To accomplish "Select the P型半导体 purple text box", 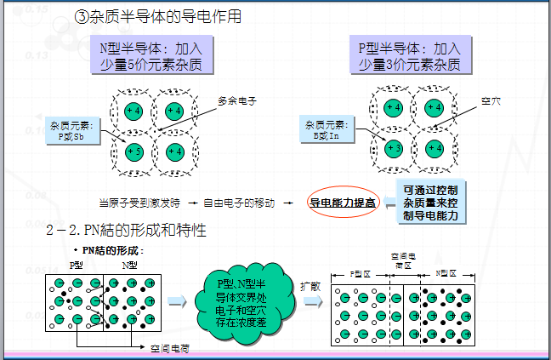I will click(408, 55).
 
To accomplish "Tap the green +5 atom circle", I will click(133, 151).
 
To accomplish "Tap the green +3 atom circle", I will click(393, 149).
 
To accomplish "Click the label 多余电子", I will click(236, 100).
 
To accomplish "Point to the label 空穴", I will click(491, 100).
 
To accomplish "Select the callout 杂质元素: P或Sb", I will click(73, 129).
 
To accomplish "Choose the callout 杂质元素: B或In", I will click(327, 129).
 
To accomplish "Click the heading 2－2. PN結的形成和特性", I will click(136, 231).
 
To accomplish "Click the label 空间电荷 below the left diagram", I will click(170, 349).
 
